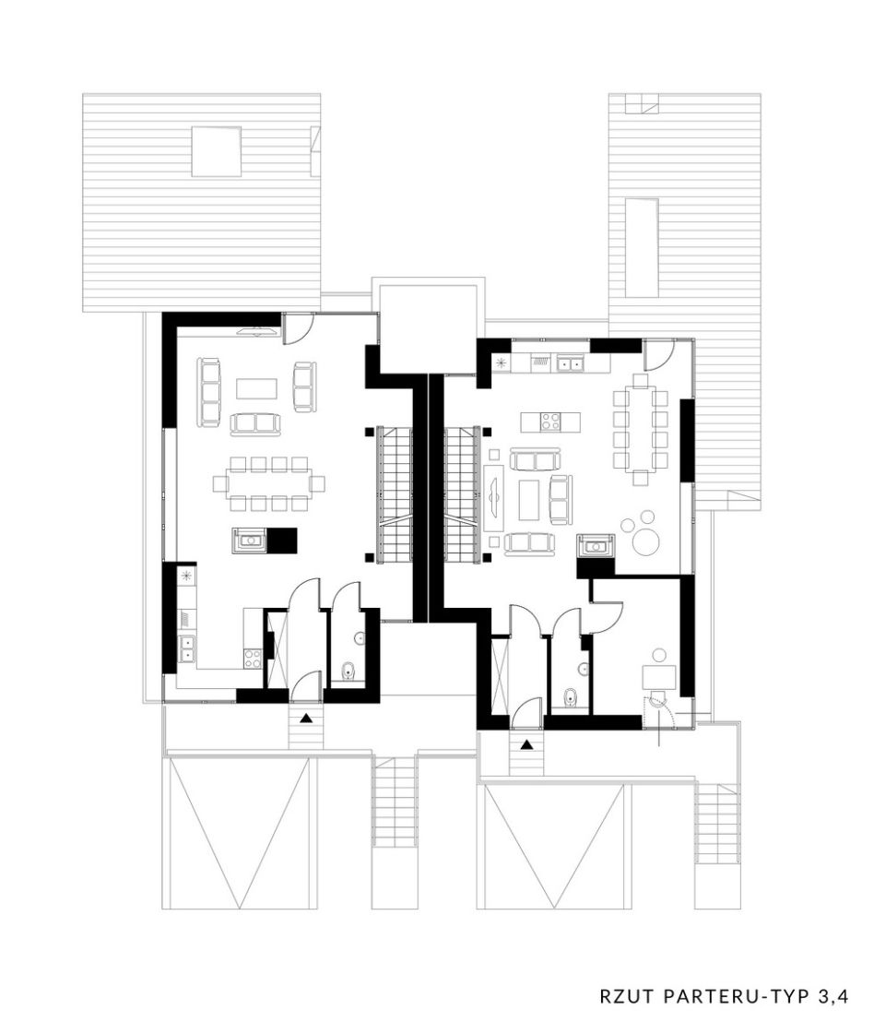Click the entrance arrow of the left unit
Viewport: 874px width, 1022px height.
click(x=305, y=719)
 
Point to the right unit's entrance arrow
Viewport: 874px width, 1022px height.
click(x=526, y=744)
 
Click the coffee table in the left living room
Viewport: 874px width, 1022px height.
click(x=256, y=389)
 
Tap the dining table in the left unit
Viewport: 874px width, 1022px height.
click(x=268, y=483)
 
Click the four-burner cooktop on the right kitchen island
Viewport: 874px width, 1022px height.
click(x=549, y=422)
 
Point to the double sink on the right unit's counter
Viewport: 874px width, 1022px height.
click(x=569, y=362)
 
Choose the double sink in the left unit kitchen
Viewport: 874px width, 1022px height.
click(x=186, y=648)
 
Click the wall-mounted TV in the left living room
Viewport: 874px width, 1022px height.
click(x=259, y=331)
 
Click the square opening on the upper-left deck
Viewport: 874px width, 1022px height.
click(x=217, y=151)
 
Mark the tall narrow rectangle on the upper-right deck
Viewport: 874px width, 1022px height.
click(x=642, y=248)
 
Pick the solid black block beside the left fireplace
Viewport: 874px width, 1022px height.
click(x=283, y=540)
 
